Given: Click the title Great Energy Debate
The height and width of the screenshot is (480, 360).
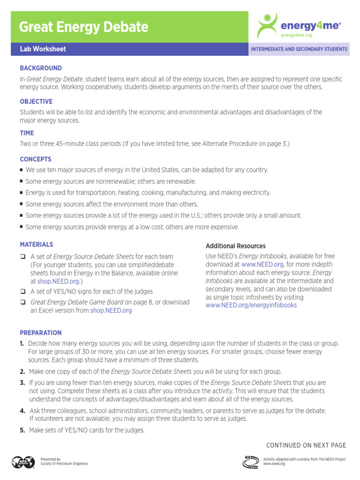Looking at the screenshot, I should pos(83,27).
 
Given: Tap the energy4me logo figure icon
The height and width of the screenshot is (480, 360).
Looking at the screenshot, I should pos(268,26).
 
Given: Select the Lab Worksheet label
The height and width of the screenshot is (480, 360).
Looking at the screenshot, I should pos(43,49).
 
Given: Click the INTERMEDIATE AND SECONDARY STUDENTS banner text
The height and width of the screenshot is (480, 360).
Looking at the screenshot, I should pos(299,49).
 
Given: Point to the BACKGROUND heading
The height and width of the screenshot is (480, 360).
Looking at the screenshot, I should pos(41,68).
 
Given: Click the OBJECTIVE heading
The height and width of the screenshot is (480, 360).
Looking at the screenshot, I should pos(36,102).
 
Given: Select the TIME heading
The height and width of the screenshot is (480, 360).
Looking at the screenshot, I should pos(27,133).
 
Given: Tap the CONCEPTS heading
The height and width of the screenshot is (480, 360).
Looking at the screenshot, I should pos(36,159).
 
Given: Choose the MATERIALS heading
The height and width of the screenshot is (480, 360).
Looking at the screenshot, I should pos(37,245).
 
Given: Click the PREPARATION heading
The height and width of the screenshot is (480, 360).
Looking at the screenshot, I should pos(41,333).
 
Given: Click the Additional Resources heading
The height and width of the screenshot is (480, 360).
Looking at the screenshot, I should pos(235,246).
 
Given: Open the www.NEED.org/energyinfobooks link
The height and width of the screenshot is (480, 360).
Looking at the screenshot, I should pos(251,305).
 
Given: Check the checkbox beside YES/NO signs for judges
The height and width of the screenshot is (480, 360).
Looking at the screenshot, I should pos(22,292).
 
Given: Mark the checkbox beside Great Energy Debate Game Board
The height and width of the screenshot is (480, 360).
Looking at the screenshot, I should pos(22,302).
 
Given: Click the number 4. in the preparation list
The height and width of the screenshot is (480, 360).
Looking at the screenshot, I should pos(22,411).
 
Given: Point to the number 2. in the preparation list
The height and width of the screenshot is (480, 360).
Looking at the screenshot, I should pos(22,371).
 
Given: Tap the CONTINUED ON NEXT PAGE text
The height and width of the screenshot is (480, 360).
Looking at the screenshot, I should pos(306,445).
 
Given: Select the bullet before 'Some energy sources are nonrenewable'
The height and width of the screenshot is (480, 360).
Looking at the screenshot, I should pos(22,181).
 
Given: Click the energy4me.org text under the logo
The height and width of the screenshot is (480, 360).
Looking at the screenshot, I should pos(296,35).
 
